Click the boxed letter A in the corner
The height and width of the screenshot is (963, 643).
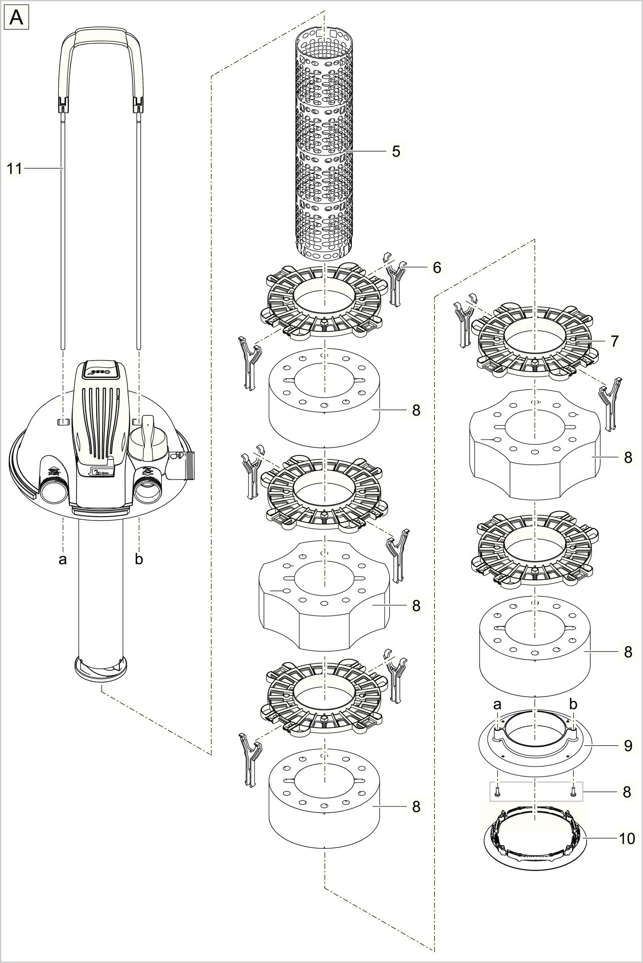click(17, 18)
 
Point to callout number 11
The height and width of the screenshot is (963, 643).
click(14, 169)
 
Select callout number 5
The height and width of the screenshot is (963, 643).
click(396, 151)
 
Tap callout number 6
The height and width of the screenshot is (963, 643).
click(437, 267)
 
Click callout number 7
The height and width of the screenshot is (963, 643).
click(615, 341)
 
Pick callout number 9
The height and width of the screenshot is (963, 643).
click(628, 745)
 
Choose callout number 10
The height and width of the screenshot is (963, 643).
click(627, 838)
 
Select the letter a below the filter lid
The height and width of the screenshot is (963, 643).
click(63, 559)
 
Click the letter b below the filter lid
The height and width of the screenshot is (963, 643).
click(139, 559)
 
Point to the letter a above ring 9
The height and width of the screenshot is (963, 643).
click(497, 705)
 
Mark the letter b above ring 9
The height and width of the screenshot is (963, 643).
click(573, 705)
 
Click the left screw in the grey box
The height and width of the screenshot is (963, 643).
click(497, 791)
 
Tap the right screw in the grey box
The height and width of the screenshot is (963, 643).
click(573, 791)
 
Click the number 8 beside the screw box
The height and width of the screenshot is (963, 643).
click(627, 792)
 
